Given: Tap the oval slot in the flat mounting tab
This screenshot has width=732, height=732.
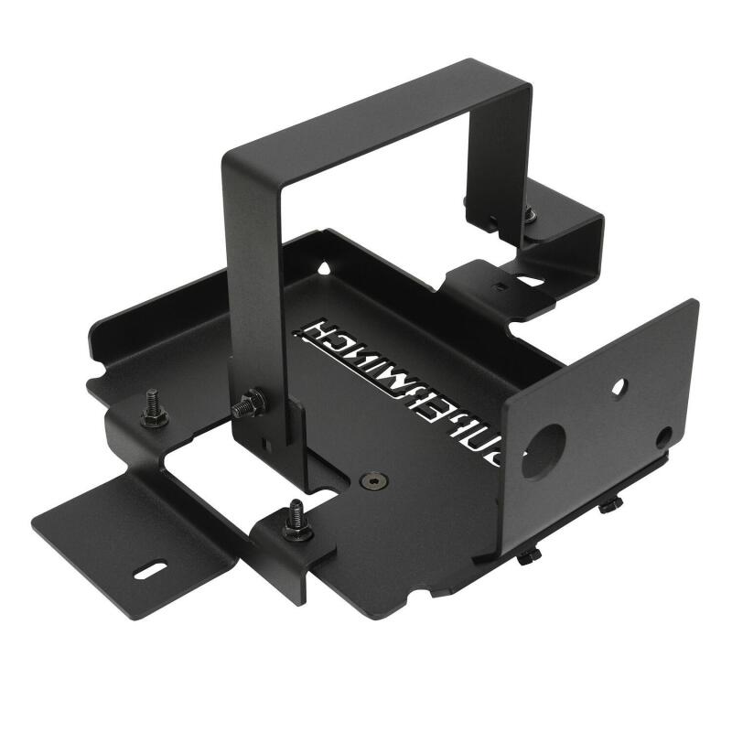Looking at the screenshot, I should pos(145,575).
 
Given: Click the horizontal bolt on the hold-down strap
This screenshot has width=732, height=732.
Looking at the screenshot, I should pos(248,404).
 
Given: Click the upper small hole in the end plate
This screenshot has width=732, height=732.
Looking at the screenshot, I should pos(620,387).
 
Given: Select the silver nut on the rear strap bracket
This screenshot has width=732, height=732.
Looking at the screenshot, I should pos(530,217).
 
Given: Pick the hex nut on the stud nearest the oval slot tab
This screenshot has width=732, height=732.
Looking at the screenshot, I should pos(154,419).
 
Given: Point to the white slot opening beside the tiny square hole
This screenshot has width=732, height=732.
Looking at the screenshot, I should pos(528,281).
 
